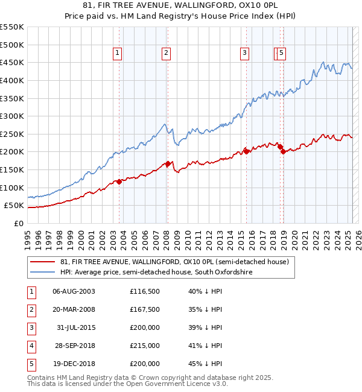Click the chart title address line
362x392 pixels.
coord(181,5)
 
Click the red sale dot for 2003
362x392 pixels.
coord(119,182)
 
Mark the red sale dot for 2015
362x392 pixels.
coord(246,151)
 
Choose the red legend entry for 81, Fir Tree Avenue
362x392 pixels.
coord(175,262)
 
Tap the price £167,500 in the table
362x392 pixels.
coord(145,309)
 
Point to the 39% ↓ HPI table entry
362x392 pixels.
coord(205,327)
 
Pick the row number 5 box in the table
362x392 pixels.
coord(30,364)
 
